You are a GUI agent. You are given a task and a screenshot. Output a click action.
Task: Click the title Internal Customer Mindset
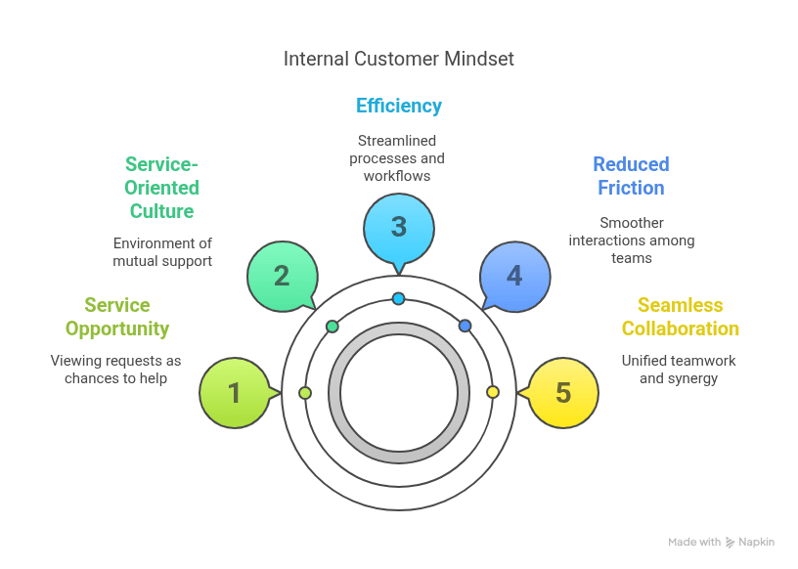tap(399, 60)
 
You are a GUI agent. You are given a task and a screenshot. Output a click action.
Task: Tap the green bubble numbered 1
tap(234, 393)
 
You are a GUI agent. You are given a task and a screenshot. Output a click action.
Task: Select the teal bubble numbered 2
tap(282, 276)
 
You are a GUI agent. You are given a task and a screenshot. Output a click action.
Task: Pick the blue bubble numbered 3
tap(398, 227)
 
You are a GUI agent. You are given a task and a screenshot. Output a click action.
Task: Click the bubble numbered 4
tap(514, 276)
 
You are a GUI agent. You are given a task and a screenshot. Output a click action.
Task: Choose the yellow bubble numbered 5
tap(563, 393)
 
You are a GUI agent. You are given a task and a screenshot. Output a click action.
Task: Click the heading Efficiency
tap(399, 106)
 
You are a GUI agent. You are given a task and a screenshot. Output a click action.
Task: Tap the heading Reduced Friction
tap(631, 176)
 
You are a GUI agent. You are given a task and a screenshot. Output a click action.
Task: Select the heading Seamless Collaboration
tap(681, 317)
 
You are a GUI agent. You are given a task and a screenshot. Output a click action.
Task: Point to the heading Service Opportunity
tap(117, 317)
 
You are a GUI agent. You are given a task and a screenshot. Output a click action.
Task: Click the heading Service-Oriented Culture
tap(162, 188)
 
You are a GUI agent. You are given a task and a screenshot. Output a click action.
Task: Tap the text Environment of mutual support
tap(162, 252)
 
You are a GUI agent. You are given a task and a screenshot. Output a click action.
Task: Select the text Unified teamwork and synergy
tap(679, 370)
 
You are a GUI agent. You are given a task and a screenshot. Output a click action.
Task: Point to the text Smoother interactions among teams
tap(632, 241)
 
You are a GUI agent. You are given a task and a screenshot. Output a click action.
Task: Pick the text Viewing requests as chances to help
tap(116, 370)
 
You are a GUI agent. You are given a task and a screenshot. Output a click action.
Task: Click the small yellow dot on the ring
tap(493, 392)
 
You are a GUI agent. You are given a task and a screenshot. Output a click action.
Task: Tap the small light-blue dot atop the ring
tap(398, 298)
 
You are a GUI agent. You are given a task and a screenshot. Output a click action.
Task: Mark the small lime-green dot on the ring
tap(305, 393)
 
